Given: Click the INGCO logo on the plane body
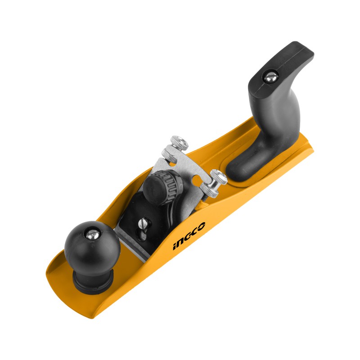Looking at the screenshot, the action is click(189, 236).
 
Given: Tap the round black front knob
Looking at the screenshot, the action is click(92, 244).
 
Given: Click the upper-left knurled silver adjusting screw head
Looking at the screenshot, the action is click(179, 143).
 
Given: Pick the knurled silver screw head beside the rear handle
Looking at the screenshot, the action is click(219, 177).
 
